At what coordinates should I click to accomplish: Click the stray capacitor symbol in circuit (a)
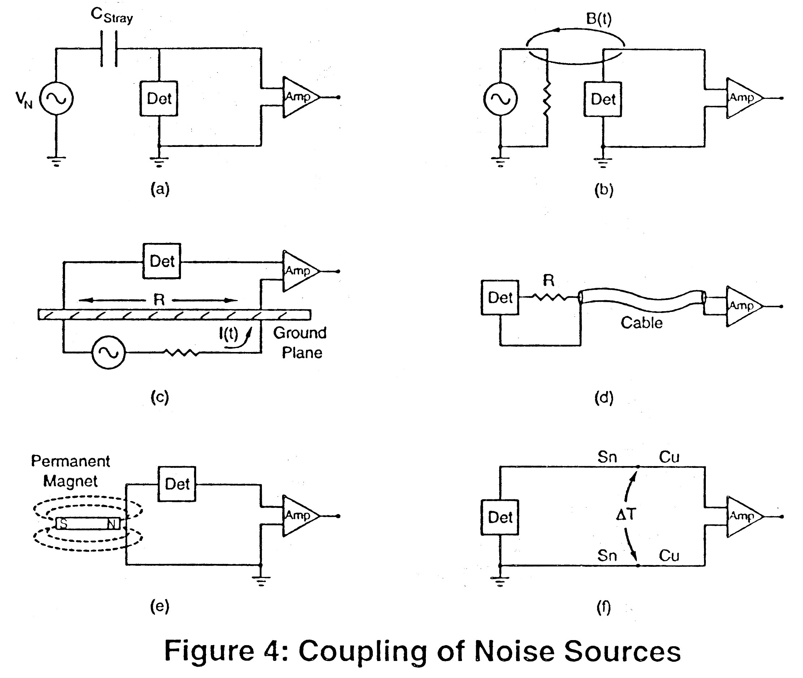pos(109,49)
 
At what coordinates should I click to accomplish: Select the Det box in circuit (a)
pos(159,99)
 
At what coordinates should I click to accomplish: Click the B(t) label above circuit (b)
pos(599,18)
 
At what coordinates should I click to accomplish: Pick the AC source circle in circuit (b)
pos(500,99)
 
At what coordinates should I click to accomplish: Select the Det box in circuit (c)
pos(161,261)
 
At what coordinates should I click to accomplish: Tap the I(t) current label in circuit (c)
pos(228,334)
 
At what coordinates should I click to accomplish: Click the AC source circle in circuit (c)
pos(108,352)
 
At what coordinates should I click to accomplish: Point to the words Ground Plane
pos(300,343)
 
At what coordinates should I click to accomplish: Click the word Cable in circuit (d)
pos(642,323)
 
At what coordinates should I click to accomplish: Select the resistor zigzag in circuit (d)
pos(549,297)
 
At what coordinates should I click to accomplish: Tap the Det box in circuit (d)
pos(500,297)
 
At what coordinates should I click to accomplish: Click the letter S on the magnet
pos(63,523)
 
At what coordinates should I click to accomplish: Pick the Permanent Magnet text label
pos(70,471)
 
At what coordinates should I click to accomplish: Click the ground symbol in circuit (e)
pos(261,581)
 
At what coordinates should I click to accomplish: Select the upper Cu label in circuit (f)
pos(669,457)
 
